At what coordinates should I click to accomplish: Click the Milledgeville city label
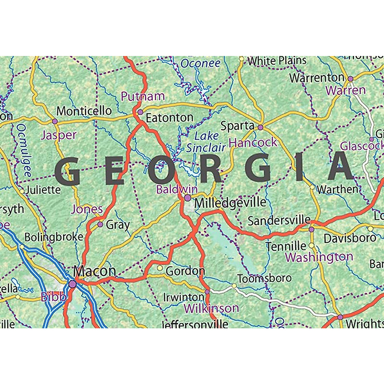click(230, 203)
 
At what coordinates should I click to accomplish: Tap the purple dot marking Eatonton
click(140, 112)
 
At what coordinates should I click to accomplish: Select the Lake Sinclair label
click(206, 142)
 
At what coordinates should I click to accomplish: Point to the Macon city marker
click(73, 284)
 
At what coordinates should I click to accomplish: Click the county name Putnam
click(142, 96)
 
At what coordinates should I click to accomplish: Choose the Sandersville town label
click(279, 220)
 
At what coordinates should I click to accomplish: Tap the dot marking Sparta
click(260, 127)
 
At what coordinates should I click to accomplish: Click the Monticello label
click(84, 111)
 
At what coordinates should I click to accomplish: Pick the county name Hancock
click(253, 142)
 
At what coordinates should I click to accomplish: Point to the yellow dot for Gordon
click(160, 268)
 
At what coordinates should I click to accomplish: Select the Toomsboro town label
click(264, 278)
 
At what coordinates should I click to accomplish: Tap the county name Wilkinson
click(211, 308)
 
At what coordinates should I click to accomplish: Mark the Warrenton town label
click(316, 78)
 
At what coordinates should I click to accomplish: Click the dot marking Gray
click(100, 225)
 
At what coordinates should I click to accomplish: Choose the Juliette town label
click(43, 190)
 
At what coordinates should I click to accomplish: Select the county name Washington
click(319, 257)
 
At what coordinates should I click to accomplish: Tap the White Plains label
click(277, 60)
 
